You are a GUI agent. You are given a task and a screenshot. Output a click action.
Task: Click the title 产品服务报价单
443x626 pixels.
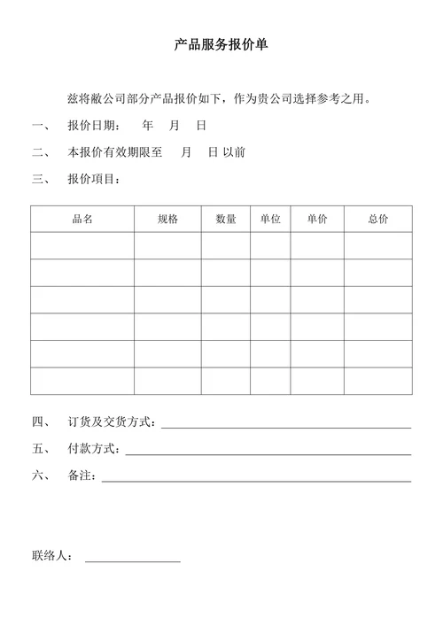(221, 45)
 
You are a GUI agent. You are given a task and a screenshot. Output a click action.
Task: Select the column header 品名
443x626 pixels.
(82, 219)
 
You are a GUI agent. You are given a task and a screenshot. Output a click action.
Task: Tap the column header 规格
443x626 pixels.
(167, 219)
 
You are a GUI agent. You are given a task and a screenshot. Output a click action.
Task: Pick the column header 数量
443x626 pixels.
(226, 219)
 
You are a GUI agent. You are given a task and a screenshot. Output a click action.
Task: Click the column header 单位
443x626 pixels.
(270, 219)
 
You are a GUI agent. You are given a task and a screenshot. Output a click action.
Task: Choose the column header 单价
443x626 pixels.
(317, 219)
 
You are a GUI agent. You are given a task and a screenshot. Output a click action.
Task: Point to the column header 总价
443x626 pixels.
(378, 219)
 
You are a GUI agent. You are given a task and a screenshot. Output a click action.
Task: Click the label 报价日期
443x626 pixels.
(94, 126)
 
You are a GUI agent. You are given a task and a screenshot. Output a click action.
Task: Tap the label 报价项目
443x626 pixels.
(94, 180)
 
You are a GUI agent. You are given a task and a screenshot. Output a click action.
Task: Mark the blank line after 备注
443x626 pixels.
(256, 479)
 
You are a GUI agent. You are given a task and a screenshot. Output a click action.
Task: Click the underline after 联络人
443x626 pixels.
(132, 560)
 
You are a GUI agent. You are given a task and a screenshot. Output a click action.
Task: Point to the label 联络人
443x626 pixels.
(51, 557)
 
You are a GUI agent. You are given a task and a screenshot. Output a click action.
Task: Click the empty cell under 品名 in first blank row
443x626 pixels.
(82, 245)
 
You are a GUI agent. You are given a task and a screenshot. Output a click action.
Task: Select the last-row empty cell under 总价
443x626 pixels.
(378, 381)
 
